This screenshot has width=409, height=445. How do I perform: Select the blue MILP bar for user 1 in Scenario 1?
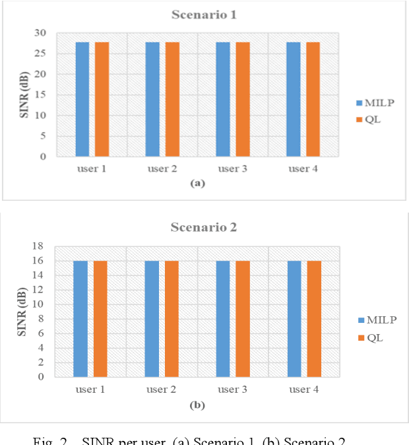pyautogui.click(x=82, y=99)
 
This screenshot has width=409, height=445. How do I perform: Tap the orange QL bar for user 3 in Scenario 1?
pyautogui.click(x=242, y=99)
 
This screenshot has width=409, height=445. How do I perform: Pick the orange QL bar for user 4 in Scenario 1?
pyautogui.click(x=313, y=99)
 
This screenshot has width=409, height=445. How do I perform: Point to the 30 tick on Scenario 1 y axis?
pyautogui.click(x=41, y=33)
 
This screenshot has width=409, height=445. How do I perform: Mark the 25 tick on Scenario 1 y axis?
pyautogui.click(x=41, y=53)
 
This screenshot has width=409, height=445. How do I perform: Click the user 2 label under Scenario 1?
pyautogui.click(x=162, y=169)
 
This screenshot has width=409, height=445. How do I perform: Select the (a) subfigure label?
pyautogui.click(x=197, y=184)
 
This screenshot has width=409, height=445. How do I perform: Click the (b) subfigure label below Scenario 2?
pyautogui.click(x=197, y=405)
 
